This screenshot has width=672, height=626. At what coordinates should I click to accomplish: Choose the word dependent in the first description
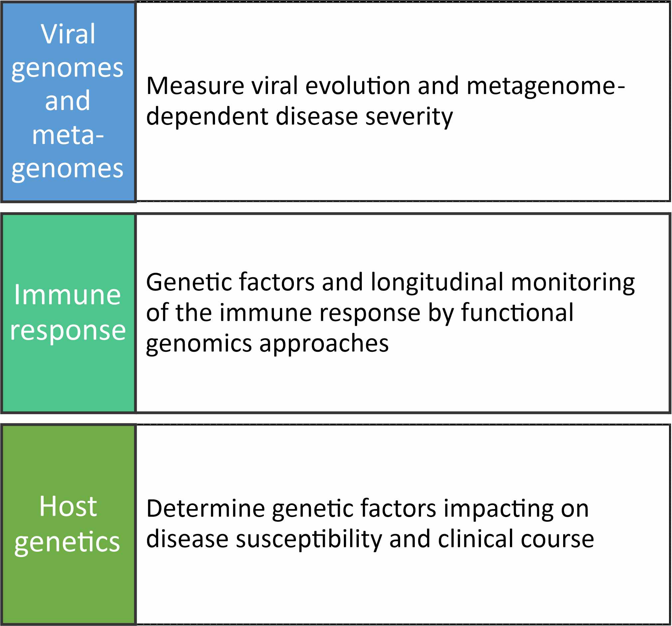coord(207,116)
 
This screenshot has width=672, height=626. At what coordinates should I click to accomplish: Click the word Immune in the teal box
coord(67,295)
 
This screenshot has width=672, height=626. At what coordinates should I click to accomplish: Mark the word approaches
coord(324,344)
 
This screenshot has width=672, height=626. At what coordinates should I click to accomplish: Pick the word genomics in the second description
coord(199,344)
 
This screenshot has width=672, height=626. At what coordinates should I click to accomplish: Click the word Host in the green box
coord(68,506)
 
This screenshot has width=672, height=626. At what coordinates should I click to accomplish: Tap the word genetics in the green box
coord(67,542)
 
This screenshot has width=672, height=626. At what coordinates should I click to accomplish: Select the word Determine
coord(205,509)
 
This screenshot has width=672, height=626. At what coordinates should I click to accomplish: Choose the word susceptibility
coord(309,539)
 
